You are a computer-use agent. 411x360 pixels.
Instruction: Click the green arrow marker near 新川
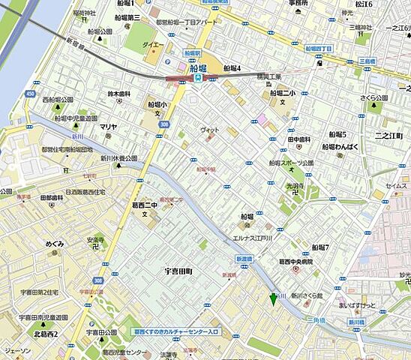click(x=273, y=299)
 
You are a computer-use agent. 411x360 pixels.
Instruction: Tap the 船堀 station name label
click(x=208, y=67)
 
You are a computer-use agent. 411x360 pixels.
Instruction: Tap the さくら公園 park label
click(x=372, y=98)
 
